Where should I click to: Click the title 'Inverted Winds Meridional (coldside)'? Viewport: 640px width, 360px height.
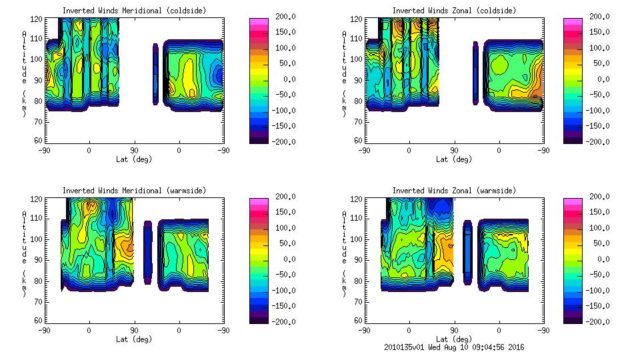[x=134, y=11]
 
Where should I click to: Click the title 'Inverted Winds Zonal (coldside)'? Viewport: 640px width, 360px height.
[x=454, y=11]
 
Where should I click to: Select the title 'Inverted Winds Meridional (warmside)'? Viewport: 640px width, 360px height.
[x=134, y=191]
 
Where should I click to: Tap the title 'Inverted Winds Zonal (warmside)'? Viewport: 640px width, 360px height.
[x=454, y=191]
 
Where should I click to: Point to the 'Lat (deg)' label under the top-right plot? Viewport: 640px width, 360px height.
[x=454, y=159]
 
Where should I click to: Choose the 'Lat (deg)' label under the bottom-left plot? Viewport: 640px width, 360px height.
[x=134, y=339]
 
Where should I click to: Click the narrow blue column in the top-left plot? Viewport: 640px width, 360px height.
[x=155, y=74]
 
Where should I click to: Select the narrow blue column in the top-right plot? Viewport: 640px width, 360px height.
[x=475, y=73]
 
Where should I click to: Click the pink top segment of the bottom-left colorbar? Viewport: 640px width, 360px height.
[x=258, y=201]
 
